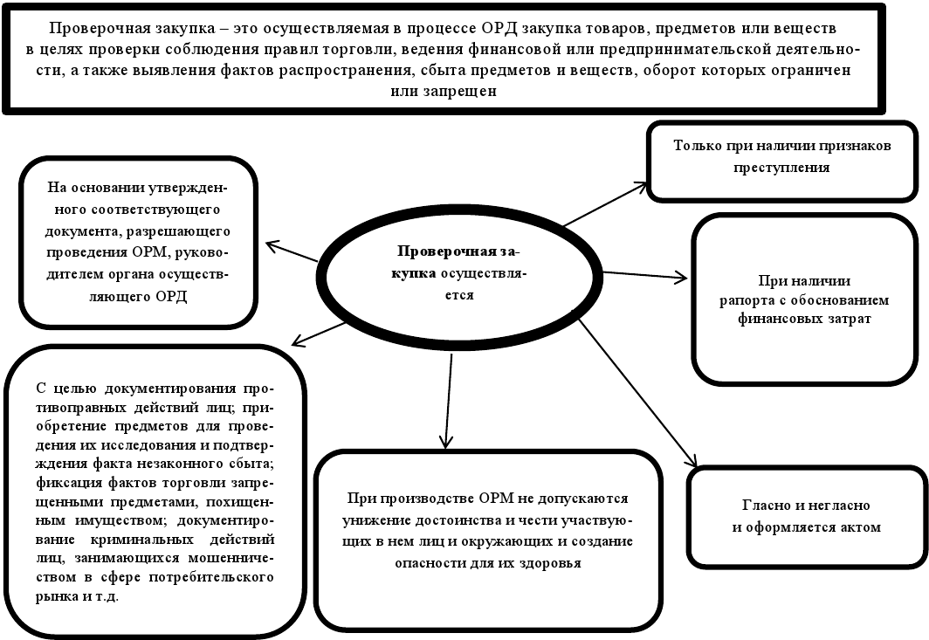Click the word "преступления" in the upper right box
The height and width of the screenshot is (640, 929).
click(x=781, y=166)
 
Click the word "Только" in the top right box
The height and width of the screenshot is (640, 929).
click(x=698, y=146)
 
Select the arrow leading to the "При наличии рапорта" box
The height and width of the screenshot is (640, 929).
click(x=644, y=277)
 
